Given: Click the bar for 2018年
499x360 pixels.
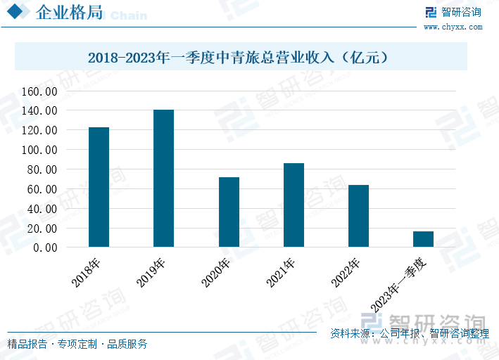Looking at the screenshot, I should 99,187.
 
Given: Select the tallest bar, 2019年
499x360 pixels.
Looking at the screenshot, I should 163,179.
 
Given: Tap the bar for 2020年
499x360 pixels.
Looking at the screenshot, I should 229,212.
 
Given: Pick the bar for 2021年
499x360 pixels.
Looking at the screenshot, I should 293,205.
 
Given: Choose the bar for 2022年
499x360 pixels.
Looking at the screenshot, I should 358,216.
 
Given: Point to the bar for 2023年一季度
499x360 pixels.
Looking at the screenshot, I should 423,239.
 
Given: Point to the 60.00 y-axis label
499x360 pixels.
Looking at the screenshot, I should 42,189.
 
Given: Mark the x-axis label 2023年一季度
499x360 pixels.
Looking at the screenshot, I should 399,284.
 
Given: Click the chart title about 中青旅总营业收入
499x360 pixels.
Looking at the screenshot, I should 239,57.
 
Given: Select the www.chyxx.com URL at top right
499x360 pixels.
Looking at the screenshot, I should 453,27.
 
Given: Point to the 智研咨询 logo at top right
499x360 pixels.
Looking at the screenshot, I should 454,12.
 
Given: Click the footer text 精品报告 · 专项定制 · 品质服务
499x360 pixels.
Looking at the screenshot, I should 77,344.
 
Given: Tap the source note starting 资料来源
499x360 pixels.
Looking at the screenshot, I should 409,333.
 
